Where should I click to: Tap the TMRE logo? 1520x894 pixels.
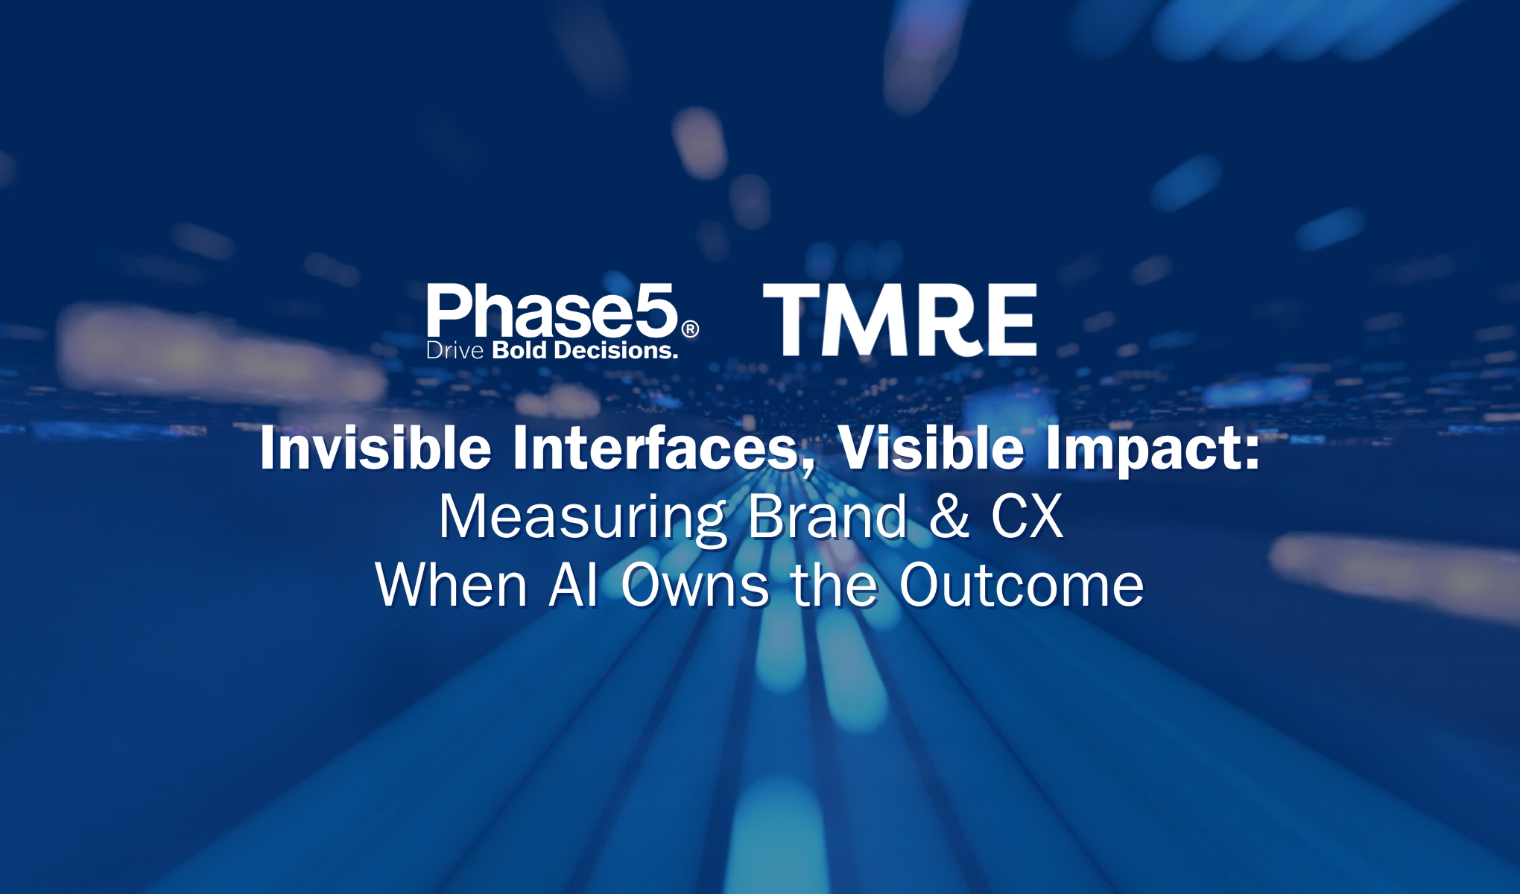click(900, 320)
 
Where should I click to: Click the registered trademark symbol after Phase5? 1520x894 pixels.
click(691, 329)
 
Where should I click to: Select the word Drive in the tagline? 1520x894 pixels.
click(455, 350)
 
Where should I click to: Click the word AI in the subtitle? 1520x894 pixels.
click(574, 585)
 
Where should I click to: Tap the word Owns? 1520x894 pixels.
click(695, 585)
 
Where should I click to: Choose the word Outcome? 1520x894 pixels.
click(1022, 585)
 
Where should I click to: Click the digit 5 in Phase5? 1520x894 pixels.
click(655, 311)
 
